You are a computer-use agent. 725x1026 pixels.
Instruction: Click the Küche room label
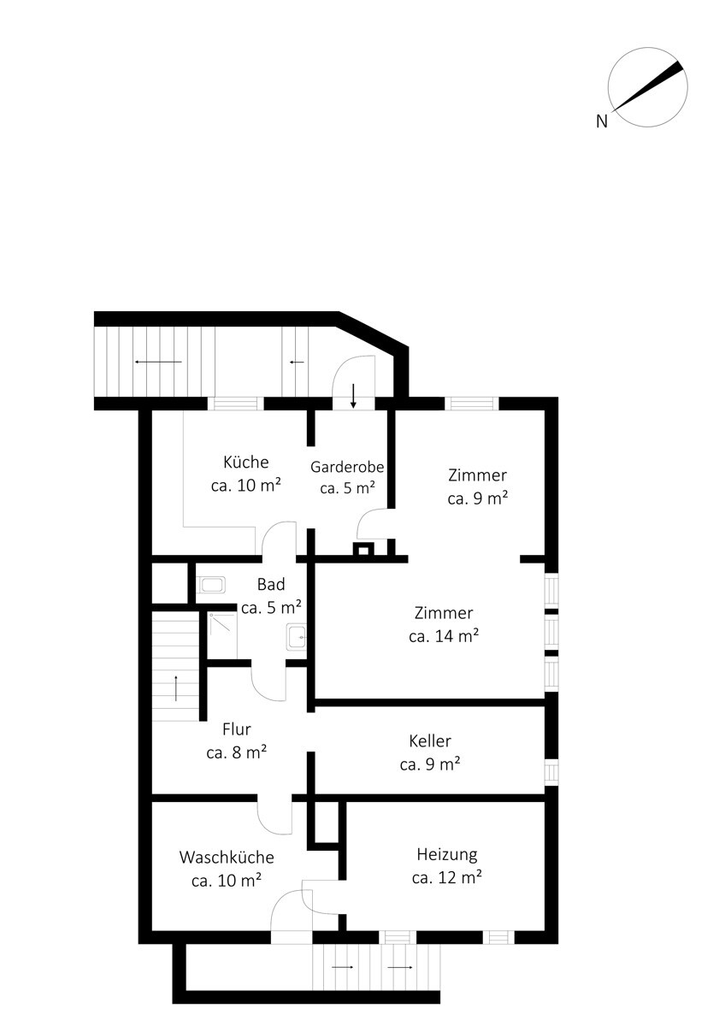[x=246, y=462]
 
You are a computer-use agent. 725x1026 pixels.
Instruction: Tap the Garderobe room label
[x=347, y=467]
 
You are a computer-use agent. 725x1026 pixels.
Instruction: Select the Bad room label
[x=271, y=584]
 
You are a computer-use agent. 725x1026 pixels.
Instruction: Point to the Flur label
[x=237, y=728]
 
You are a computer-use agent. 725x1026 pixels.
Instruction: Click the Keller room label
[x=430, y=740]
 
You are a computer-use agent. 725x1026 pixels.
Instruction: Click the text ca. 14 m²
[x=444, y=636]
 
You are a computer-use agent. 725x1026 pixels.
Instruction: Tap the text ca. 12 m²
[x=446, y=877]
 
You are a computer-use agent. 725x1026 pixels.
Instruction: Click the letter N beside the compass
[x=602, y=121]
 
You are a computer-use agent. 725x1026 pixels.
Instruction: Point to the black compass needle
[x=648, y=86]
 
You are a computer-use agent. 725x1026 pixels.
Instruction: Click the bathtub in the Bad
[x=210, y=585]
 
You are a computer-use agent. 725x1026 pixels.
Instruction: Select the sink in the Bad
[x=297, y=636]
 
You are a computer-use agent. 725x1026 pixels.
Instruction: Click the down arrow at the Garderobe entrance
[x=353, y=396]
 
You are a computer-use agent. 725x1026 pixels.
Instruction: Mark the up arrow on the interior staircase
[x=176, y=688]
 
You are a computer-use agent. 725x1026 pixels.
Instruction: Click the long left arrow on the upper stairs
[x=158, y=362]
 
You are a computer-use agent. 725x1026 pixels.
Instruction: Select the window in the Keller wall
[x=551, y=772]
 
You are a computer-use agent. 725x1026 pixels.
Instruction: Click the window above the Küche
[x=236, y=404]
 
